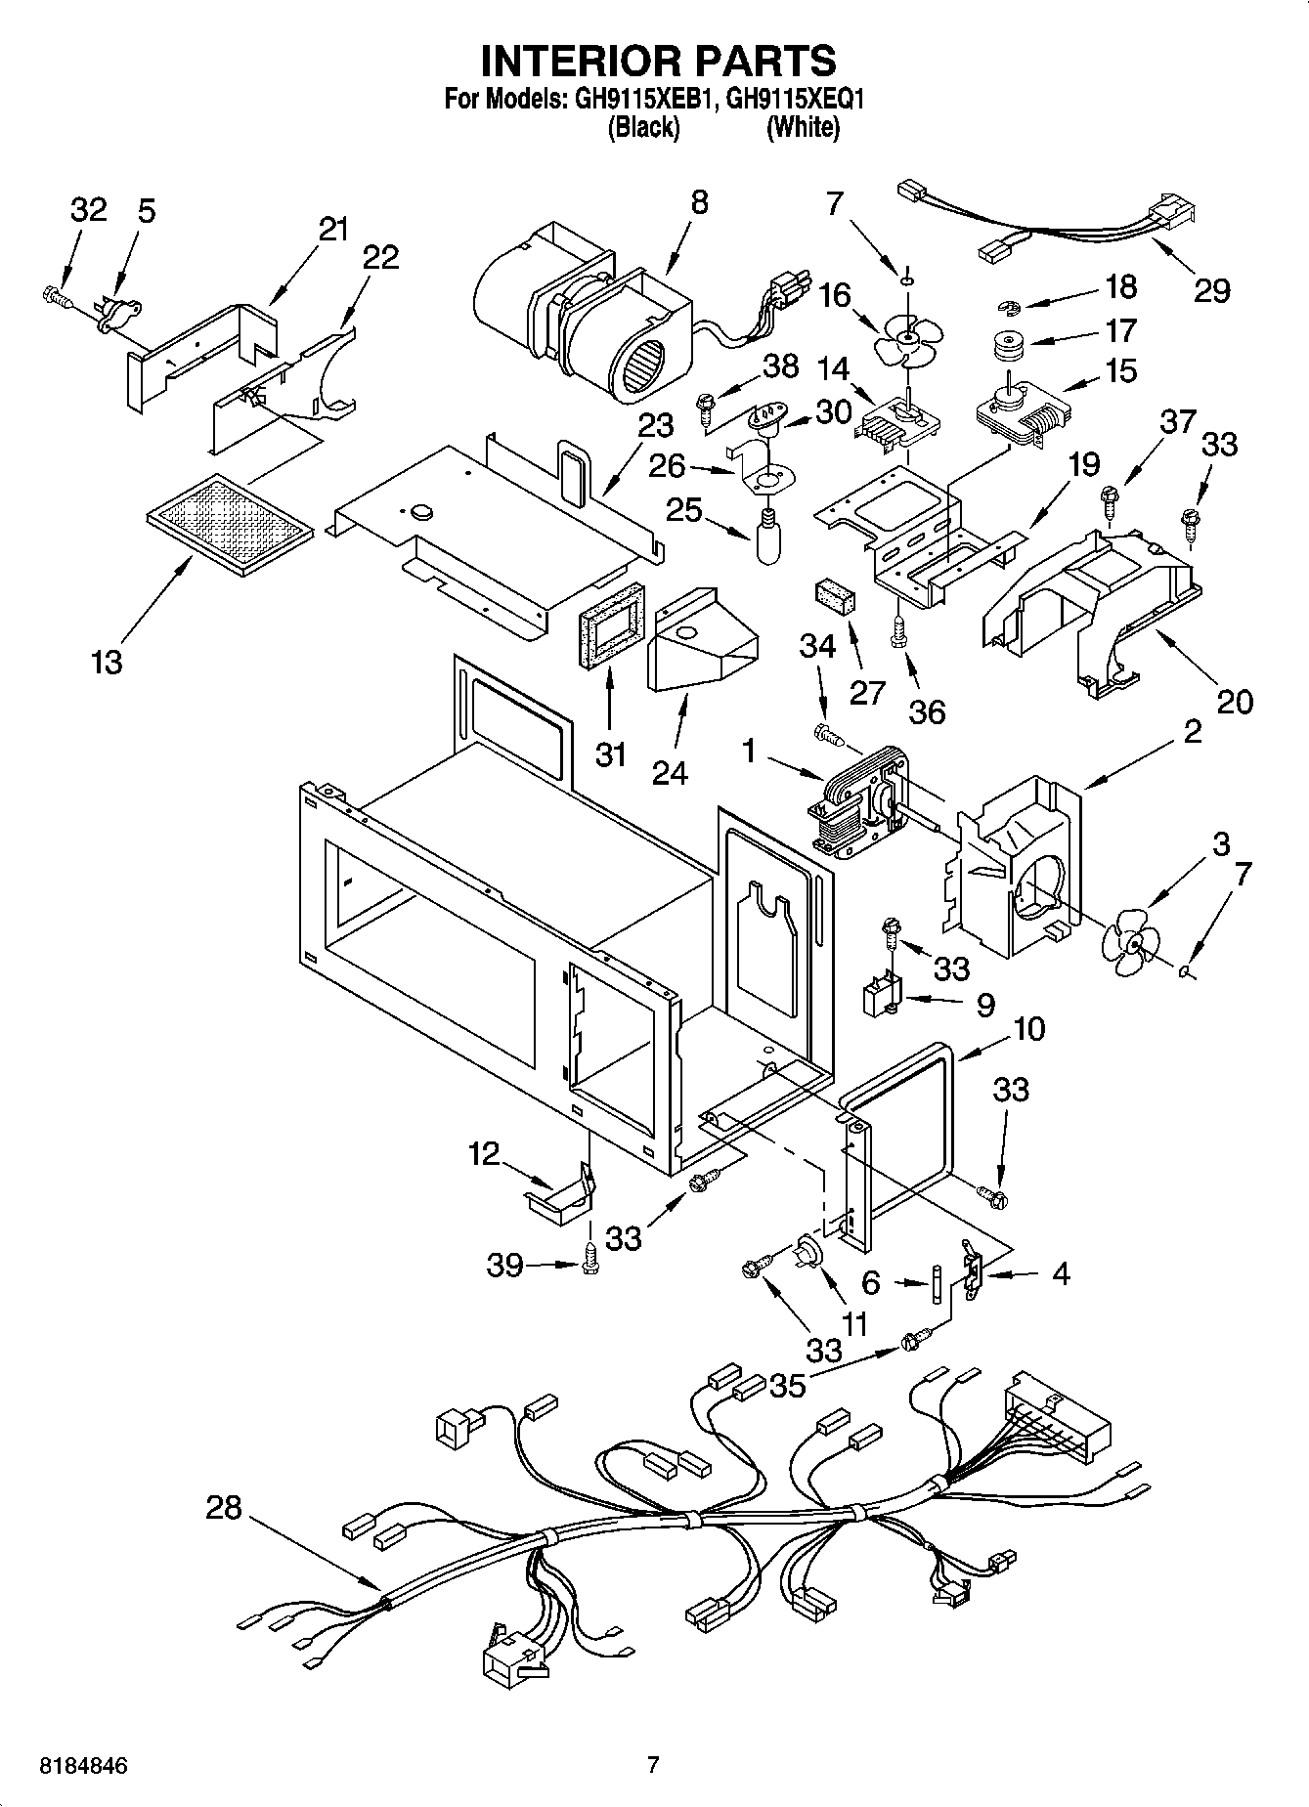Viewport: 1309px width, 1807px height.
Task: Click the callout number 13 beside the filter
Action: [x=107, y=663]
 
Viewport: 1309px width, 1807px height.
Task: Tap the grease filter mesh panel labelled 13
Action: [x=231, y=528]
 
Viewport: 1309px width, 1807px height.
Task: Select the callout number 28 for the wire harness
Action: [x=223, y=1508]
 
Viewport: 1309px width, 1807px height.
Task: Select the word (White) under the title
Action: [x=802, y=127]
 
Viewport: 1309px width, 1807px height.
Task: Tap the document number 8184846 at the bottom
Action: [x=83, y=1766]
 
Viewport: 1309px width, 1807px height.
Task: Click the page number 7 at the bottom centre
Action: [x=653, y=1765]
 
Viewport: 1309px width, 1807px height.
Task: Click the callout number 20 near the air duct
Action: [x=1234, y=701]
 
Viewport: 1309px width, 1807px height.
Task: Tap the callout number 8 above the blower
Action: [x=698, y=203]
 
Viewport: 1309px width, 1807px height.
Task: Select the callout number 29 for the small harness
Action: [x=1211, y=290]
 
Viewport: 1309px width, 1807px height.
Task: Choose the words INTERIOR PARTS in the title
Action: [x=658, y=61]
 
